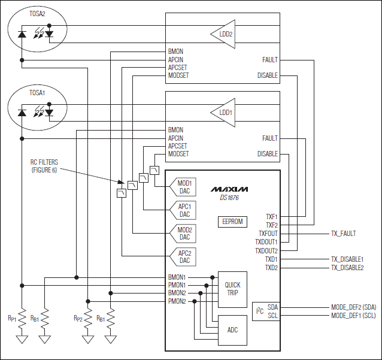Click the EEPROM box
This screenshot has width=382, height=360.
[232, 222]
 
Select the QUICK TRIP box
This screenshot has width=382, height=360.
[232, 289]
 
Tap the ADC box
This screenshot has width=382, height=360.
[232, 329]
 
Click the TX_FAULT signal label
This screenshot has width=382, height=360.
[343, 234]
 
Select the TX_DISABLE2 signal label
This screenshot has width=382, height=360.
[347, 268]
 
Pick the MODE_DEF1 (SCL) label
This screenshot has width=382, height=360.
[353, 316]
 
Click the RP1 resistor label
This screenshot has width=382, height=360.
[12, 318]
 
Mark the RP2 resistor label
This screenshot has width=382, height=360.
[78, 318]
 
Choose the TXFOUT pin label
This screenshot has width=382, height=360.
[268, 234]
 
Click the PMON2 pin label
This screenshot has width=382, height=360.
[177, 301]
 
